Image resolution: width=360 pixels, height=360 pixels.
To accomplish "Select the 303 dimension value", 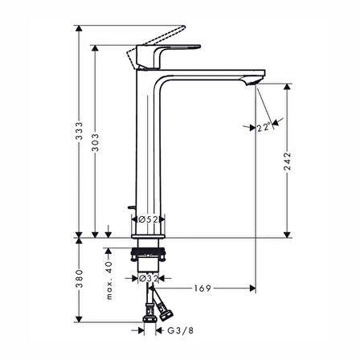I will tap(96, 145).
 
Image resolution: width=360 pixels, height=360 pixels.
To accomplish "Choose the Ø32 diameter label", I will tap(146, 278).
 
